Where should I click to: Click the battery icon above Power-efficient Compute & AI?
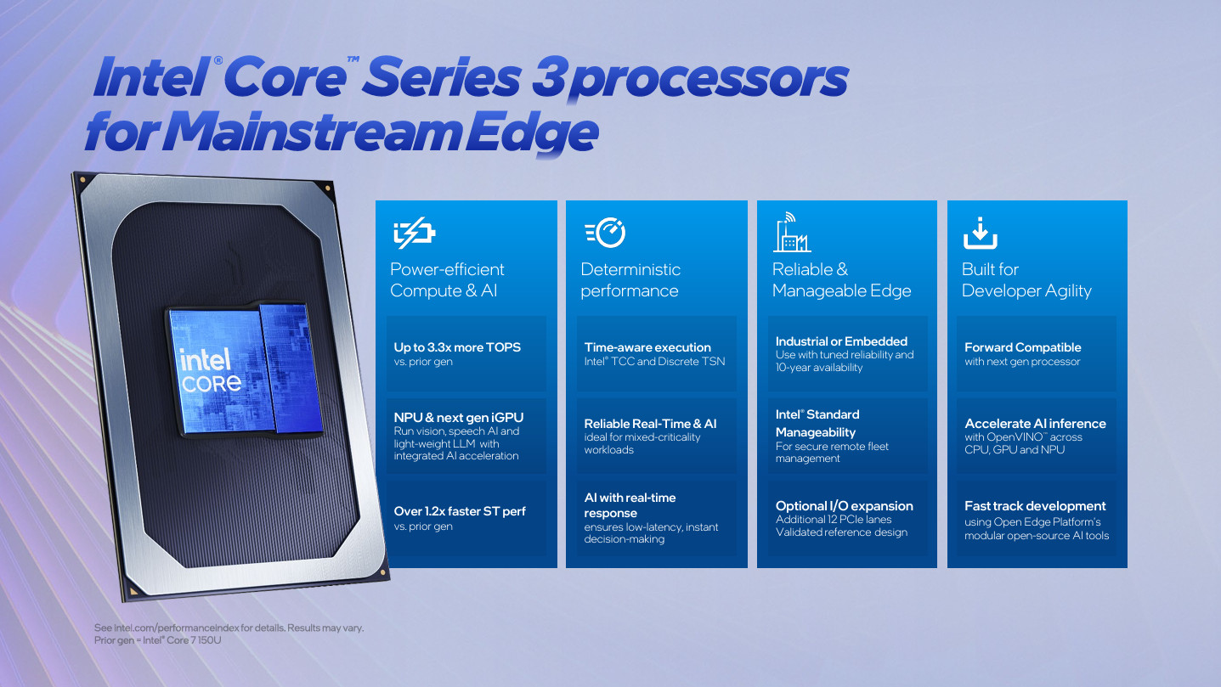414,233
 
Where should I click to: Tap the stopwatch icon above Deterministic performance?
605,233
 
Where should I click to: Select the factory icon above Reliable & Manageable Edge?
791,233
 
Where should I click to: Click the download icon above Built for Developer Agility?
980,233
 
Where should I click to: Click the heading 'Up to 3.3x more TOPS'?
457,347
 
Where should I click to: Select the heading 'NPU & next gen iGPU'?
459,417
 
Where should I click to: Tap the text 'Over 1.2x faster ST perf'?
460,511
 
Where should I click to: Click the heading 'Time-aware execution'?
647,347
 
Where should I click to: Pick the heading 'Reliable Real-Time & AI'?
650,424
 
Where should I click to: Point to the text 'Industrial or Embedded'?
841,341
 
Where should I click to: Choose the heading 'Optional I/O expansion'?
844,506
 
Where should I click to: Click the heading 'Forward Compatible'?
1023,347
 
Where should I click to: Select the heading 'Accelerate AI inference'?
1035,424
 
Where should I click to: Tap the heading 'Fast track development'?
1035,506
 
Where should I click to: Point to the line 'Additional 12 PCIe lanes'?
834,519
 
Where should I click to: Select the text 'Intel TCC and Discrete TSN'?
654,362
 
